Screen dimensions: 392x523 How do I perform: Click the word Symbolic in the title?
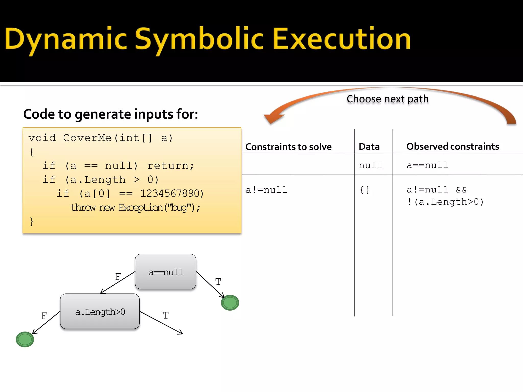point(199,39)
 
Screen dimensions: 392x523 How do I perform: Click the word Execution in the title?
point(342,39)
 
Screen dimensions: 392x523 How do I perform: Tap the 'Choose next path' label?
point(387,99)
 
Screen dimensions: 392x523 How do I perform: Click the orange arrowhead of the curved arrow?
point(273,118)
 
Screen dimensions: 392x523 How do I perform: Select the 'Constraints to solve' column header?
point(288,147)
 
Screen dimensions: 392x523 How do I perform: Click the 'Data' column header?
point(369,147)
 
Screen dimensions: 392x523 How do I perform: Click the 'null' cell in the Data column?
point(370,165)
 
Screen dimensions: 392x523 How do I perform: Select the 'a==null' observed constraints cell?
point(427,165)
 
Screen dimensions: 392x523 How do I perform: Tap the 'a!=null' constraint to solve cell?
point(266,190)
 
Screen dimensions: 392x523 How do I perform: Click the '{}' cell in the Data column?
point(364,190)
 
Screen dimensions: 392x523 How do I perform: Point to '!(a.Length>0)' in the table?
point(445,202)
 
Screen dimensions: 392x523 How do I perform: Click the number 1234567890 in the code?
point(172,193)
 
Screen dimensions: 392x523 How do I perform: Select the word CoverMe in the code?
point(87,138)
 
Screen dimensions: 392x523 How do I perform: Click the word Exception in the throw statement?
point(140,207)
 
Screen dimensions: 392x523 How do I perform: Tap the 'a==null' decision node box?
point(165,272)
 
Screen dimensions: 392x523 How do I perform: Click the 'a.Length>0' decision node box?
point(100,311)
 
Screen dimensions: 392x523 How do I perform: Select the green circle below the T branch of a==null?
point(230,303)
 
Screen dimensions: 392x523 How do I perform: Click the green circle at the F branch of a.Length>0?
point(25,339)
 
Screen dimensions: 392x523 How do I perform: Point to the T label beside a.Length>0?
point(165,315)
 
